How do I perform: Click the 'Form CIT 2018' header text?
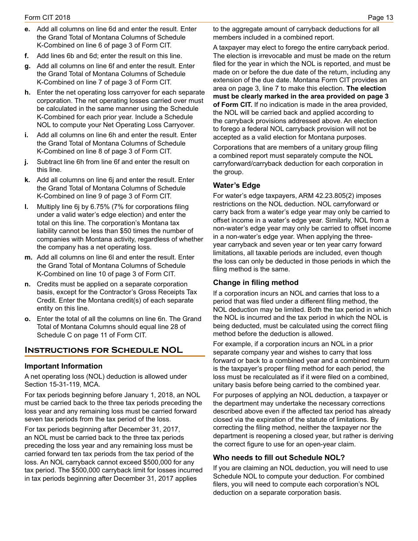(48, 18)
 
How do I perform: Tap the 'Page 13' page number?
(381, 18)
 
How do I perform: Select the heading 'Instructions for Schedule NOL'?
(103, 350)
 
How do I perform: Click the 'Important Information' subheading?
(63, 366)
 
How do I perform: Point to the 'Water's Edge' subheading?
(237, 185)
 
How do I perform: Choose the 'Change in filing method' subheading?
(256, 282)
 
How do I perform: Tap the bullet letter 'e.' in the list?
(28, 29)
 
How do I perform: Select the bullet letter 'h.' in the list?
(28, 92)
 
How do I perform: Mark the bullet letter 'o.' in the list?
(28, 319)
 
